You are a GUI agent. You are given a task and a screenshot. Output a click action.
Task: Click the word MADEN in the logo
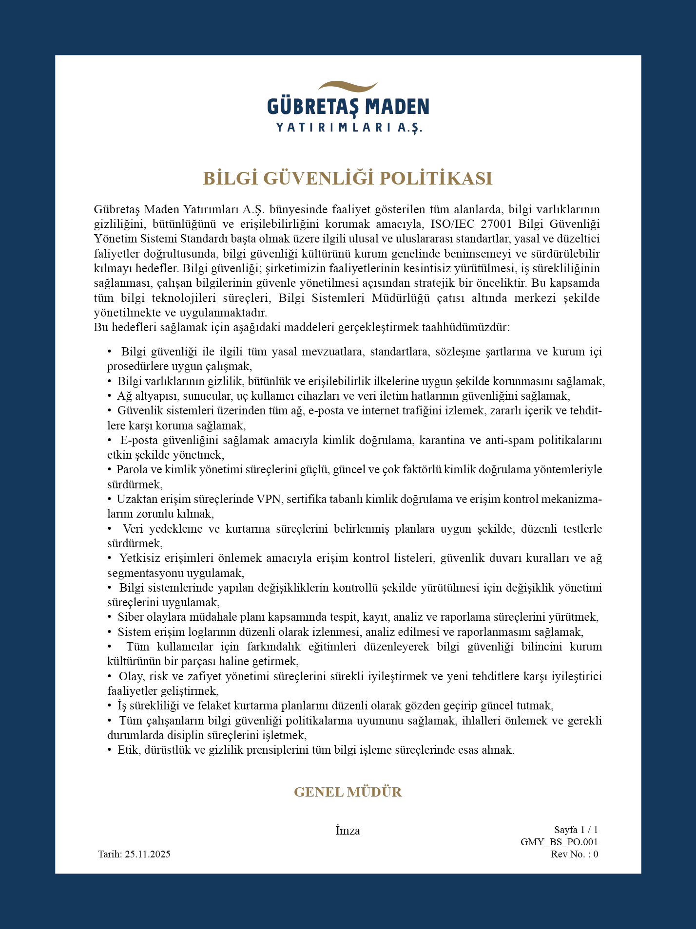[397, 107]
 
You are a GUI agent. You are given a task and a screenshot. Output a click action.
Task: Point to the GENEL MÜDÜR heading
[348, 792]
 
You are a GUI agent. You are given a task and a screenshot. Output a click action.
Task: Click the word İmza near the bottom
[348, 831]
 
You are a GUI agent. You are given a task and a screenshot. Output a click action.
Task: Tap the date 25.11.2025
[148, 854]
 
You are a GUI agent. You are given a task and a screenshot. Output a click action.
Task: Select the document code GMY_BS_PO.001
[559, 842]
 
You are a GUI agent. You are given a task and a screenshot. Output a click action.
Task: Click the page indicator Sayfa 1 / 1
[576, 830]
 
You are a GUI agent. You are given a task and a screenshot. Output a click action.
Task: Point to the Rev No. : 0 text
[574, 854]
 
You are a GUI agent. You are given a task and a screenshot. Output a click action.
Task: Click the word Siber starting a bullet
[131, 617]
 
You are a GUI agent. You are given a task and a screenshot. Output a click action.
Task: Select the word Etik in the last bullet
[129, 750]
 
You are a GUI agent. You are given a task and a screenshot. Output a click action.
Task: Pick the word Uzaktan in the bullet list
[137, 499]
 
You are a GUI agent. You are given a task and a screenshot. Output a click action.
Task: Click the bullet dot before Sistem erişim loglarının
[110, 632]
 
